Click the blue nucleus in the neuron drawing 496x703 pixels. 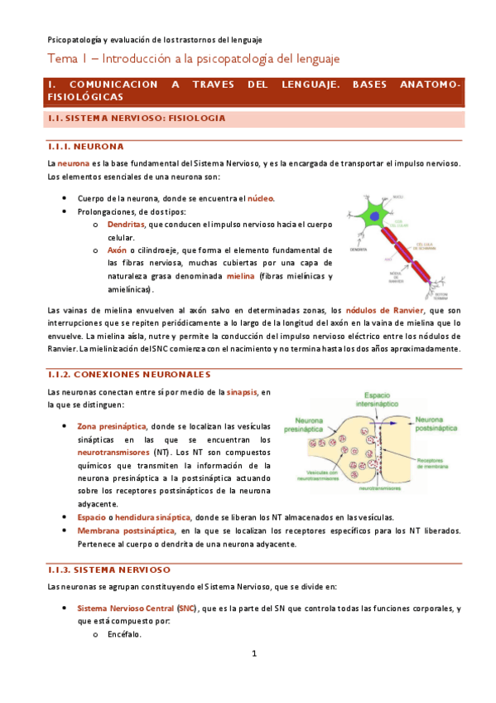(376, 217)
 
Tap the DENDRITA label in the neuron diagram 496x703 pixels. (359, 249)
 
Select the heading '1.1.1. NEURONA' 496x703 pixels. (81, 147)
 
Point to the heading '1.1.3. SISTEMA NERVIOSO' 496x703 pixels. (109, 570)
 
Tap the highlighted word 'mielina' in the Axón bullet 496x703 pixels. (218, 276)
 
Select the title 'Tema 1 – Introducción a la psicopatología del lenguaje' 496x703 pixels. (193, 60)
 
